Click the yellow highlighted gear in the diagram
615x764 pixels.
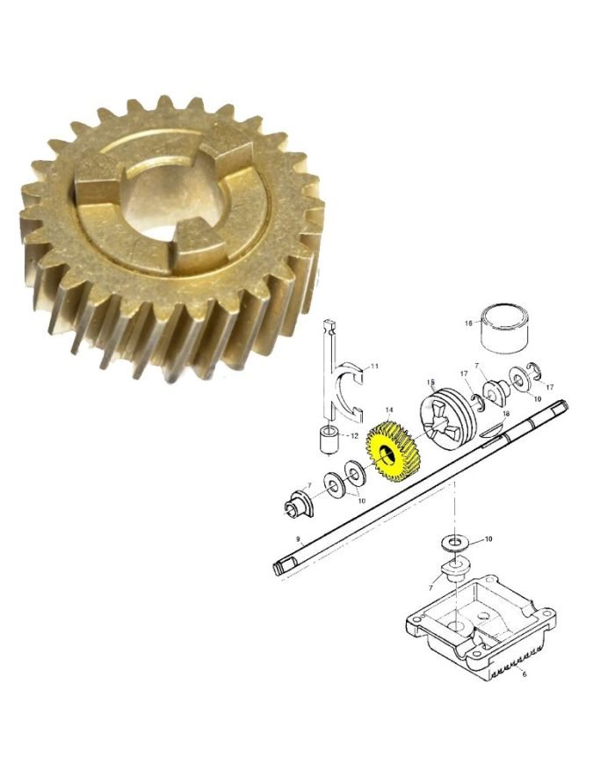[x=394, y=452]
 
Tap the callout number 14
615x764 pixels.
[x=388, y=411]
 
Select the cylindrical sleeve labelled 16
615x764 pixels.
[x=501, y=326]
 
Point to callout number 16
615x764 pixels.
[x=468, y=323]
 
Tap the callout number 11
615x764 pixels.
[x=374, y=366]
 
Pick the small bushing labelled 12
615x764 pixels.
[x=329, y=440]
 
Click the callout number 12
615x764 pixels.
[x=354, y=436]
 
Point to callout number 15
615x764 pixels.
[x=430, y=382]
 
